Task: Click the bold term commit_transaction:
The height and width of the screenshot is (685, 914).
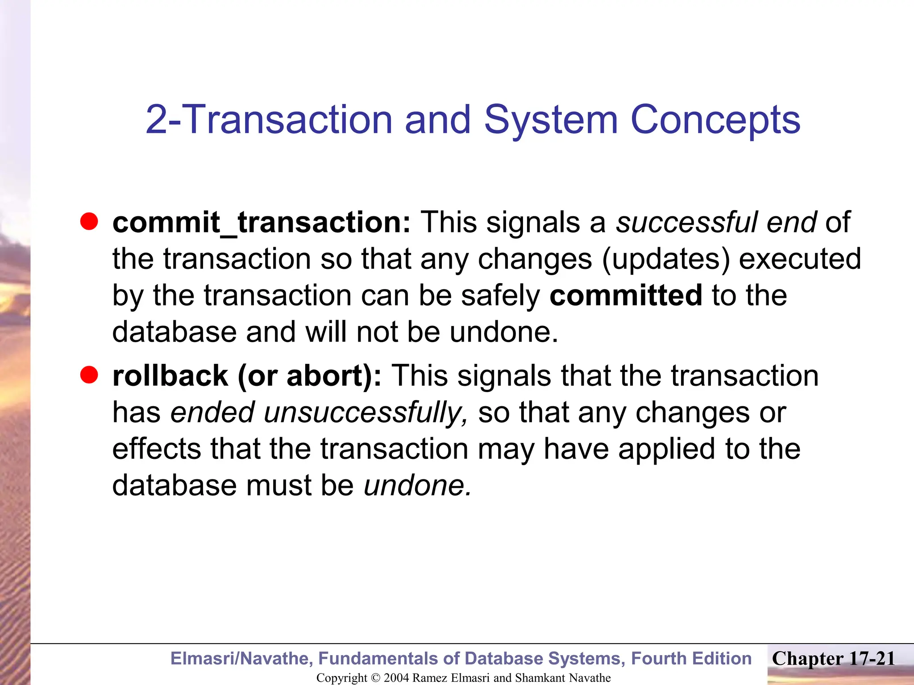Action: coord(261,222)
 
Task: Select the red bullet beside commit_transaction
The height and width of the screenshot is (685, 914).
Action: coord(89,222)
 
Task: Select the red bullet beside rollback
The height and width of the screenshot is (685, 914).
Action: coord(89,375)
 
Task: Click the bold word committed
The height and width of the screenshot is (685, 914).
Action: coord(626,295)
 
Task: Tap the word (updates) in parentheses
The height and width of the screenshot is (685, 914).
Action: coord(666,259)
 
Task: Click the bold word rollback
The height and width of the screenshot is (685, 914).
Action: coord(170,376)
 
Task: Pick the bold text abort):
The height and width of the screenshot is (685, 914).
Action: coord(334,376)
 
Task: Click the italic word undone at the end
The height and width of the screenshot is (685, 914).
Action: coord(417,485)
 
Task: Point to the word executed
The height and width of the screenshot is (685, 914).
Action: coord(800,259)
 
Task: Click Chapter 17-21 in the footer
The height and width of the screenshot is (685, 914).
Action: coord(833,659)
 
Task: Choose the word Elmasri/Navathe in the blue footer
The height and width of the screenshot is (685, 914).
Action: coord(241,659)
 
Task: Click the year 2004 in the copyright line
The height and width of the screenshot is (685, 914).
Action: coord(396,678)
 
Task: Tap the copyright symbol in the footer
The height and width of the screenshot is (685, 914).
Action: coord(375,678)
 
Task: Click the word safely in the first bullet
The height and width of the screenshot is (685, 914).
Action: coord(500,295)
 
